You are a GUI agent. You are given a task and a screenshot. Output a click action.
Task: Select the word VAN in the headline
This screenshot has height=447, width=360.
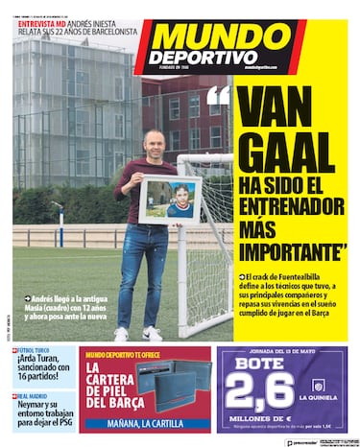coord(287,105)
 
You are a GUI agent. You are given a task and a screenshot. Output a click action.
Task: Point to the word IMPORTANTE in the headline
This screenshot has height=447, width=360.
coord(291,251)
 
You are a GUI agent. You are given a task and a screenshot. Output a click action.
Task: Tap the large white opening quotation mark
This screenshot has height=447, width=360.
coord(219,97)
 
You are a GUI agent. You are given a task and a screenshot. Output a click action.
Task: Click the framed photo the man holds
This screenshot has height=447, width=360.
coord(170,200)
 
